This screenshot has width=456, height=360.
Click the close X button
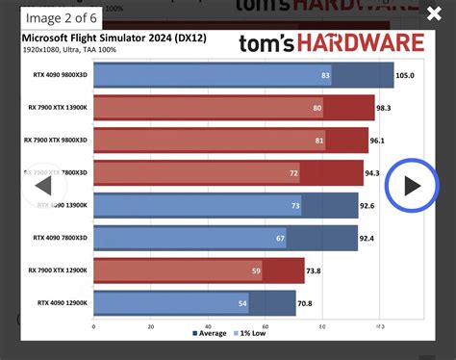click(433, 13)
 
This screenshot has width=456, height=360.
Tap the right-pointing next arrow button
click(412, 185)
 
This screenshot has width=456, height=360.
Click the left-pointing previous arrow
click(42, 186)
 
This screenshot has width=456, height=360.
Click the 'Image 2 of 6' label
click(59, 14)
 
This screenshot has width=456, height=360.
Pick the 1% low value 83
click(326, 75)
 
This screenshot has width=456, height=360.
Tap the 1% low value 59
click(256, 271)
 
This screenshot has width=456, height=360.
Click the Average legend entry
click(210, 333)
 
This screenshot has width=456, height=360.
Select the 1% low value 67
click(280, 239)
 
